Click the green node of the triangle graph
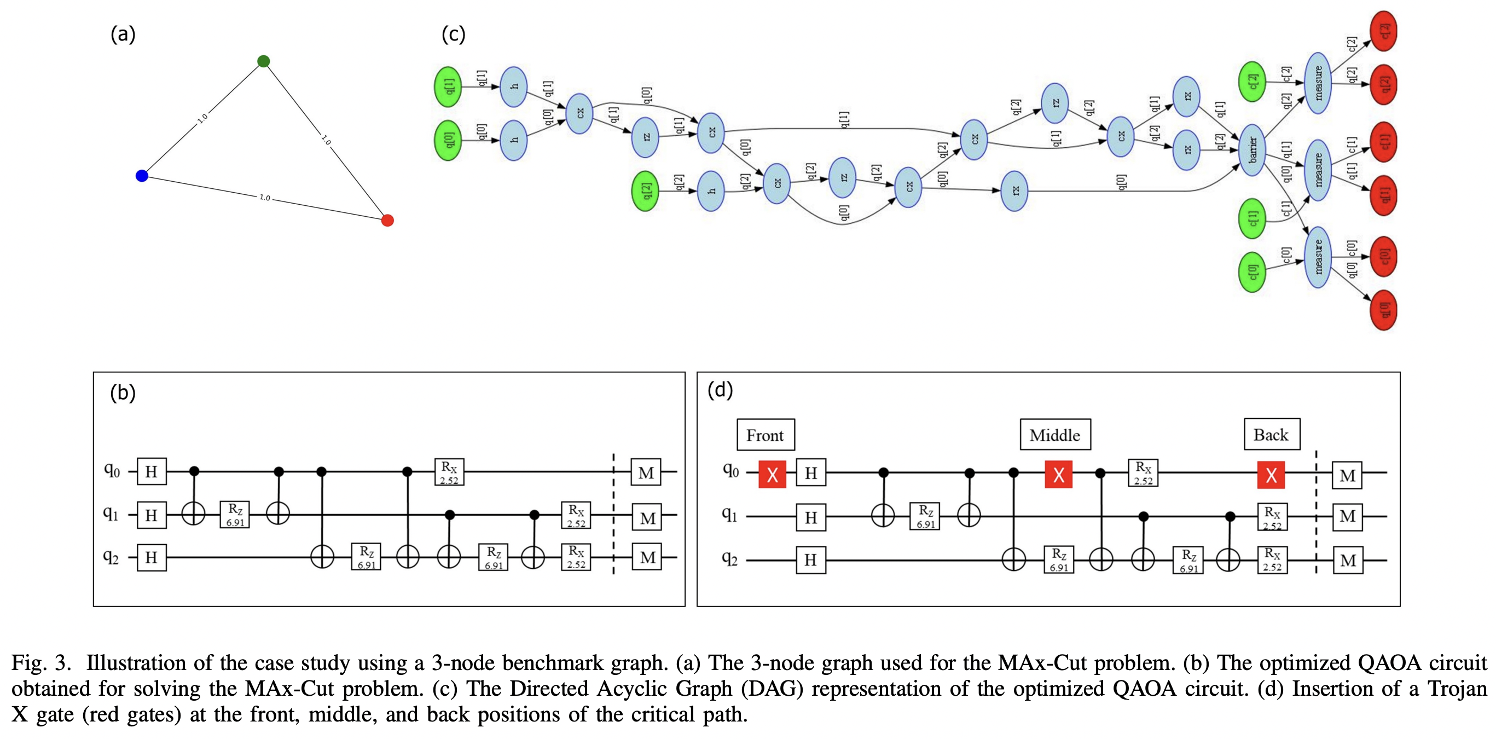click(x=263, y=61)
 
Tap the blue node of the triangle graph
click(x=142, y=176)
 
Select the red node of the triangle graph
click(x=387, y=220)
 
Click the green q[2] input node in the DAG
click(x=645, y=191)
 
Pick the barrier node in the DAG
click(x=1253, y=150)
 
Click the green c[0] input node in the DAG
click(x=1252, y=272)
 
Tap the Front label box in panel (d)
click(x=766, y=435)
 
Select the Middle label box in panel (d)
click(x=1054, y=435)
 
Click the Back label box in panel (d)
click(x=1271, y=435)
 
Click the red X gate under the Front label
click(x=773, y=475)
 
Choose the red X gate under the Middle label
click(x=1058, y=475)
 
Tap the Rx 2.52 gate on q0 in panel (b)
click(x=449, y=472)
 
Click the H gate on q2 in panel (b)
click(x=152, y=558)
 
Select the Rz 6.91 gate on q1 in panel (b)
click(x=235, y=515)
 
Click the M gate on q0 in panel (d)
click(x=1347, y=475)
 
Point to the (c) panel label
click(x=453, y=34)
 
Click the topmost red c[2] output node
click(x=1383, y=31)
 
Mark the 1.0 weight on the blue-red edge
click(x=264, y=198)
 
